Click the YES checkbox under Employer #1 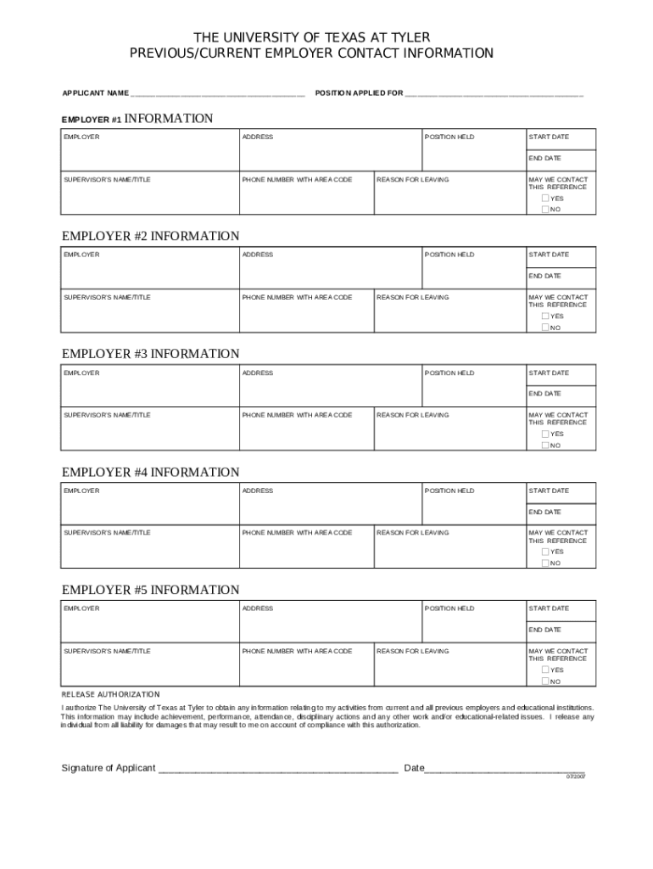[545, 199]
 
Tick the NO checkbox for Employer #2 [545, 327]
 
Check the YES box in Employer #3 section [545, 434]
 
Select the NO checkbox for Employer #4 [545, 563]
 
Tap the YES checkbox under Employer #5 [545, 670]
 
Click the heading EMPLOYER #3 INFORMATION [151, 354]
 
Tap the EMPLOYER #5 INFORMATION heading [151, 590]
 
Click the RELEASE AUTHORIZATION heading [110, 694]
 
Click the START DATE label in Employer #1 [549, 137]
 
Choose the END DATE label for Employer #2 [545, 276]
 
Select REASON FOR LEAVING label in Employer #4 [413, 533]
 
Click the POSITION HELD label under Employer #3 [449, 373]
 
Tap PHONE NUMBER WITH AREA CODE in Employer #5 [297, 651]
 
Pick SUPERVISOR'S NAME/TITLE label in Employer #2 [107, 297]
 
